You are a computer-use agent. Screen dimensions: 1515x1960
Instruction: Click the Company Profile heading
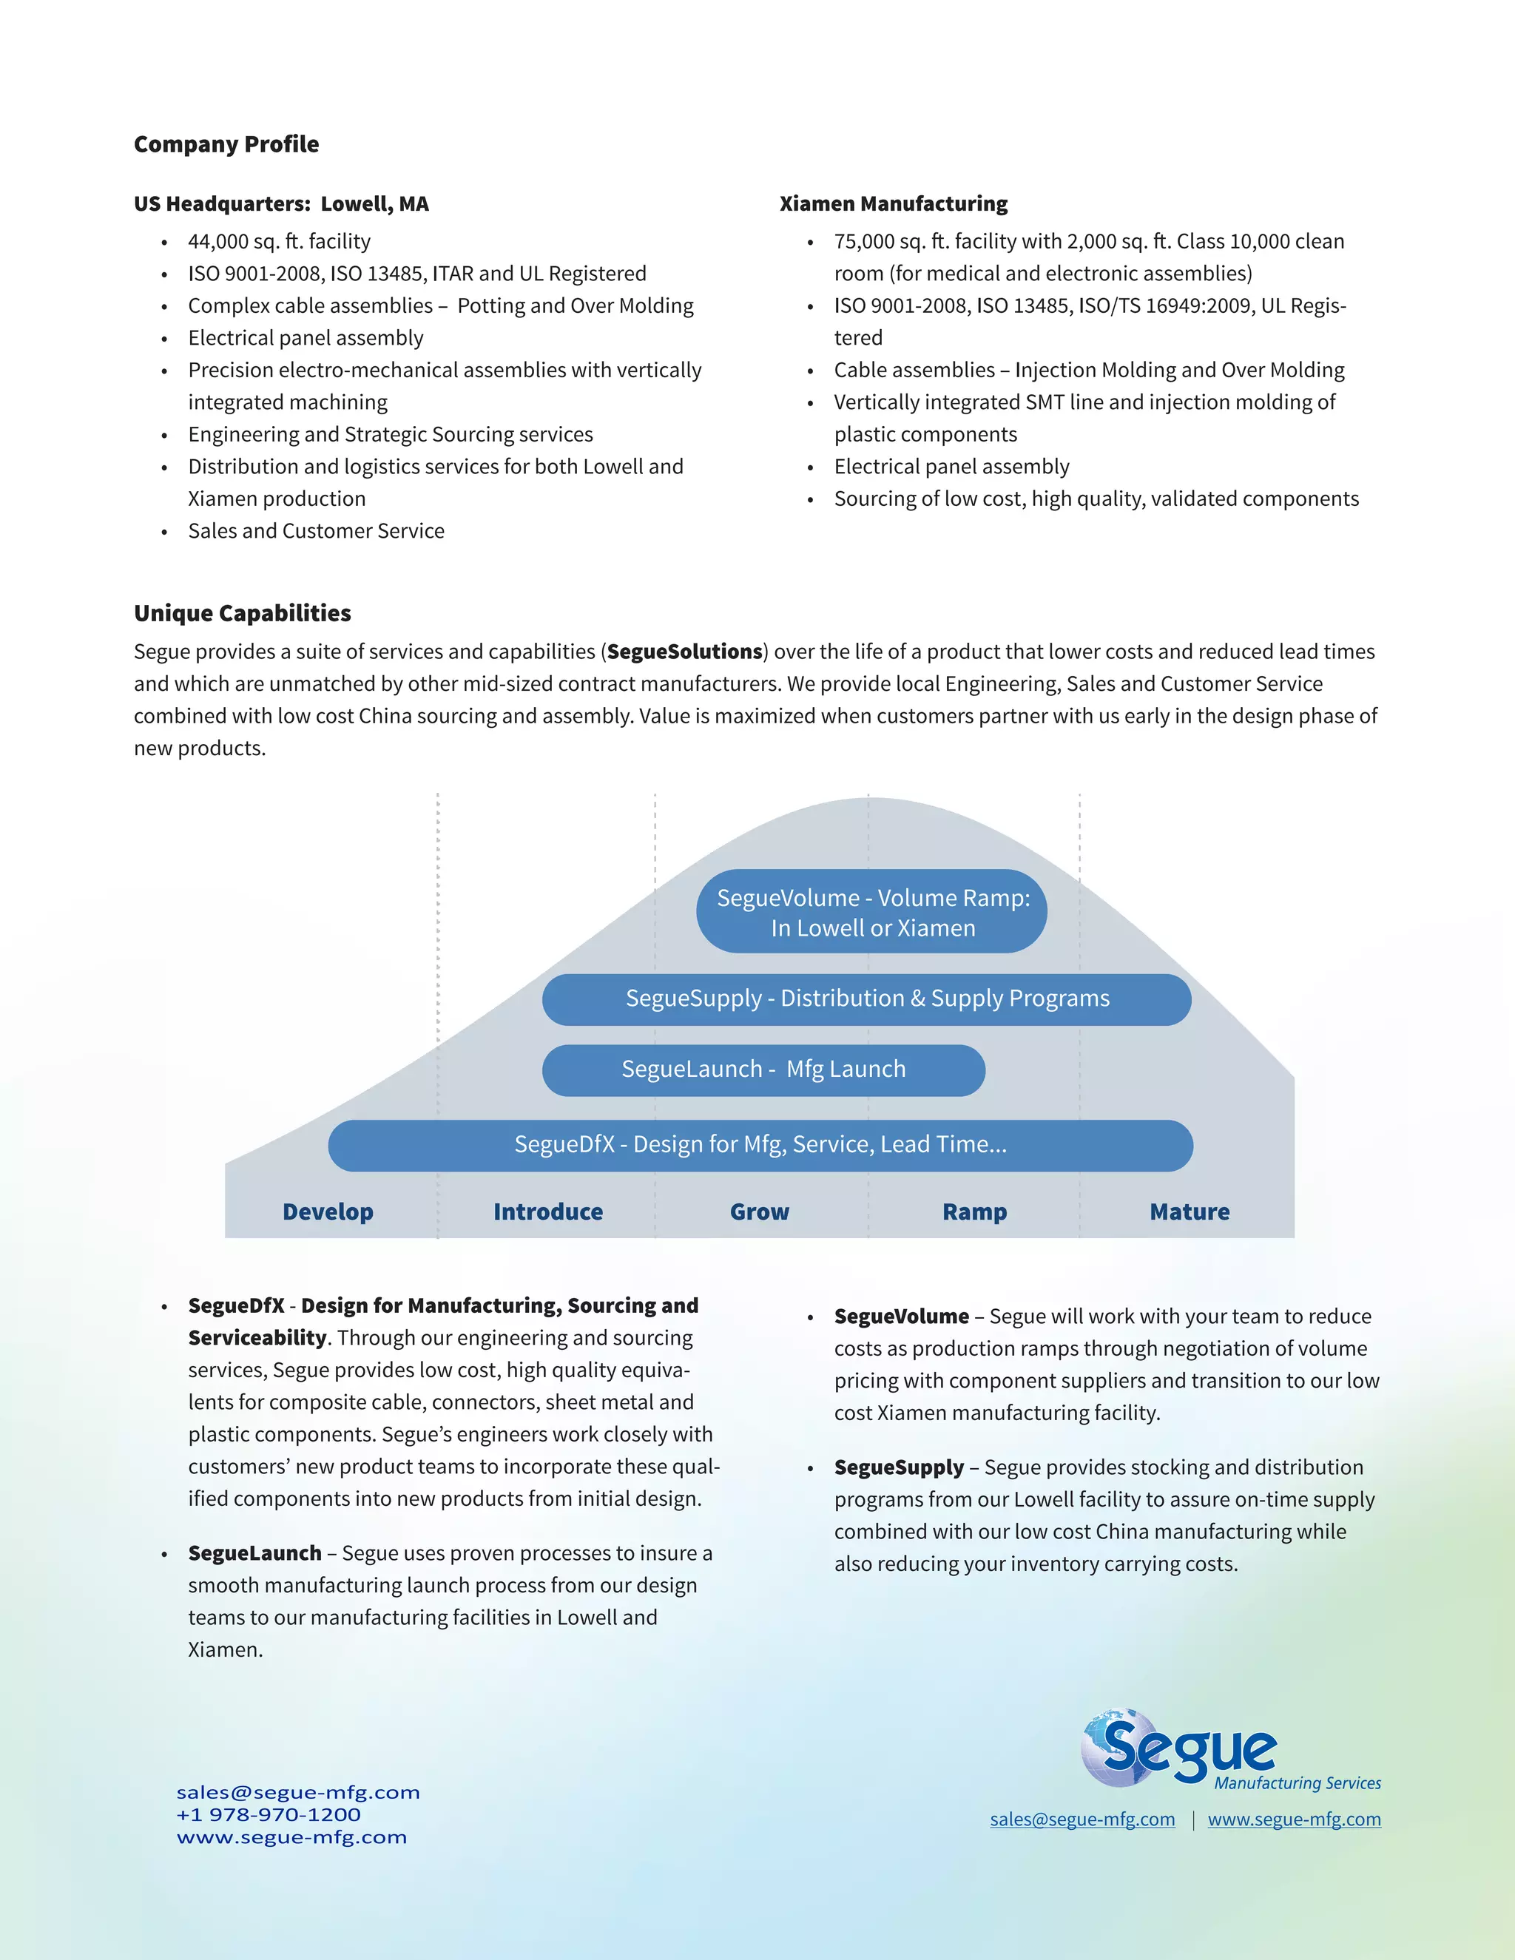[x=226, y=144]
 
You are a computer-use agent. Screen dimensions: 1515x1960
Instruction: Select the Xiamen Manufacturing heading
[x=893, y=203]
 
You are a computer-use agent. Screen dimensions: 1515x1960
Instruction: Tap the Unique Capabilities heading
[x=243, y=613]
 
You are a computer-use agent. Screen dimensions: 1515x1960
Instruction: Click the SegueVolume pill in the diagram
[x=871, y=912]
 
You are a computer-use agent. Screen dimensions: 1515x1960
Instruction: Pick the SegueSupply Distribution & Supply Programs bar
[x=867, y=998]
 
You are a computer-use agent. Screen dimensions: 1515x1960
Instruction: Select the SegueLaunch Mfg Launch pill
[x=763, y=1069]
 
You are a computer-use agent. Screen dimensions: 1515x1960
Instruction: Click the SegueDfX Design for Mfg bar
[x=760, y=1145]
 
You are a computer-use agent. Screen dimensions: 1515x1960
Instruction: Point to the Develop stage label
[x=328, y=1212]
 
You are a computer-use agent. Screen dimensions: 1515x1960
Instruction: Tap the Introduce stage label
[x=547, y=1212]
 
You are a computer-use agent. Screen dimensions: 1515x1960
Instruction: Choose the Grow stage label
[x=759, y=1212]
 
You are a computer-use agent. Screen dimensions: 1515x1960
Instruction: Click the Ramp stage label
[x=975, y=1212]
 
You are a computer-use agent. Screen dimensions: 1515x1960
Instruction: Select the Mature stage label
[x=1190, y=1212]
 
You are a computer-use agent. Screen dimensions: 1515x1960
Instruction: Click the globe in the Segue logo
[x=1113, y=1746]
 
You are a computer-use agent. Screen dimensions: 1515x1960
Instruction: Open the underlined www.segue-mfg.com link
[x=1295, y=1819]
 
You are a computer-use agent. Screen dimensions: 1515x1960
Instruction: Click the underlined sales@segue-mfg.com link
[x=1082, y=1819]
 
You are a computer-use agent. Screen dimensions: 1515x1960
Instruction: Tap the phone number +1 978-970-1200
[x=269, y=1814]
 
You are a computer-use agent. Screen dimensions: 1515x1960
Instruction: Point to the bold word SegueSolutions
[x=685, y=652]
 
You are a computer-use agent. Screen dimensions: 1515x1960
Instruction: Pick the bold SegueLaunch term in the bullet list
[x=255, y=1553]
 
